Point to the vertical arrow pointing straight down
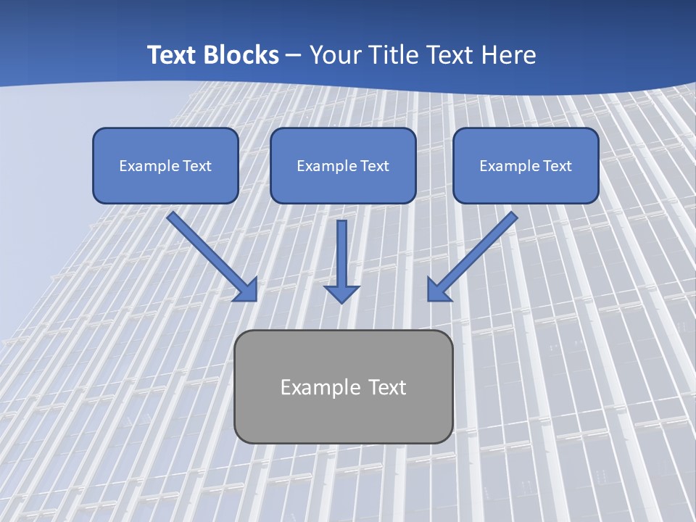pos(341,257)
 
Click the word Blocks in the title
pos(240,55)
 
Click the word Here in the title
pos(509,55)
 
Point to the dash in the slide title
pos(294,55)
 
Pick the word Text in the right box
pos(558,166)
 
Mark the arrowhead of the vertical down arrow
pos(341,293)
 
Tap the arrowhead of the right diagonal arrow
pos(438,289)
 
